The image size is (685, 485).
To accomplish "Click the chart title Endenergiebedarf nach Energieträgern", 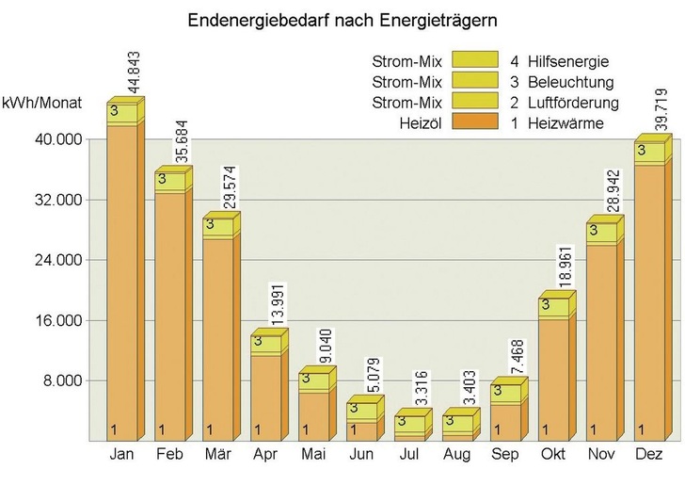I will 342,19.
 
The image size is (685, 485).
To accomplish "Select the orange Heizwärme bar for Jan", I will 121,283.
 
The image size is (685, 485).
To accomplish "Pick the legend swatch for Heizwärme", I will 476,122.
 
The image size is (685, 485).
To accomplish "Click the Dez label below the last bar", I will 649,455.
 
